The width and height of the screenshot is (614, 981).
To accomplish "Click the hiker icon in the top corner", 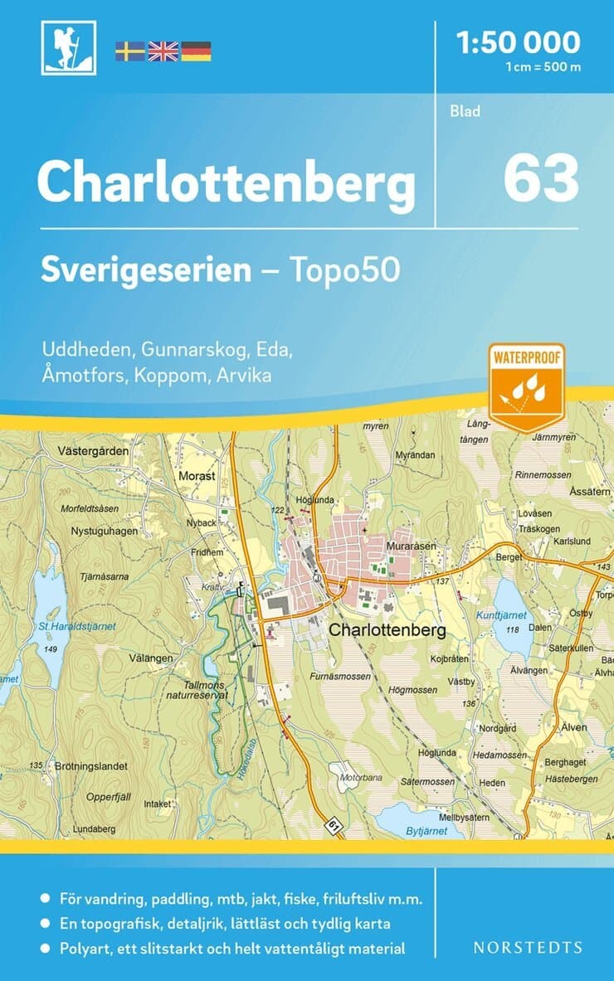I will tap(69, 47).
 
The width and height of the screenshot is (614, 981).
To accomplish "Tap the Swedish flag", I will tap(129, 51).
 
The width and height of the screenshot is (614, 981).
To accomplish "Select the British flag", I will tap(163, 51).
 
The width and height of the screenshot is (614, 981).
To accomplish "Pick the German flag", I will tap(196, 51).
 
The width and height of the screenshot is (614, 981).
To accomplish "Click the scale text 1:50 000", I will tap(518, 41).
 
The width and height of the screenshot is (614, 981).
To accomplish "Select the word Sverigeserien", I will tap(147, 270).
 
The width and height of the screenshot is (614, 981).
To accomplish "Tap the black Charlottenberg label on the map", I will tap(387, 630).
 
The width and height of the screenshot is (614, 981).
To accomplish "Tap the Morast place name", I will tap(197, 477).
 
